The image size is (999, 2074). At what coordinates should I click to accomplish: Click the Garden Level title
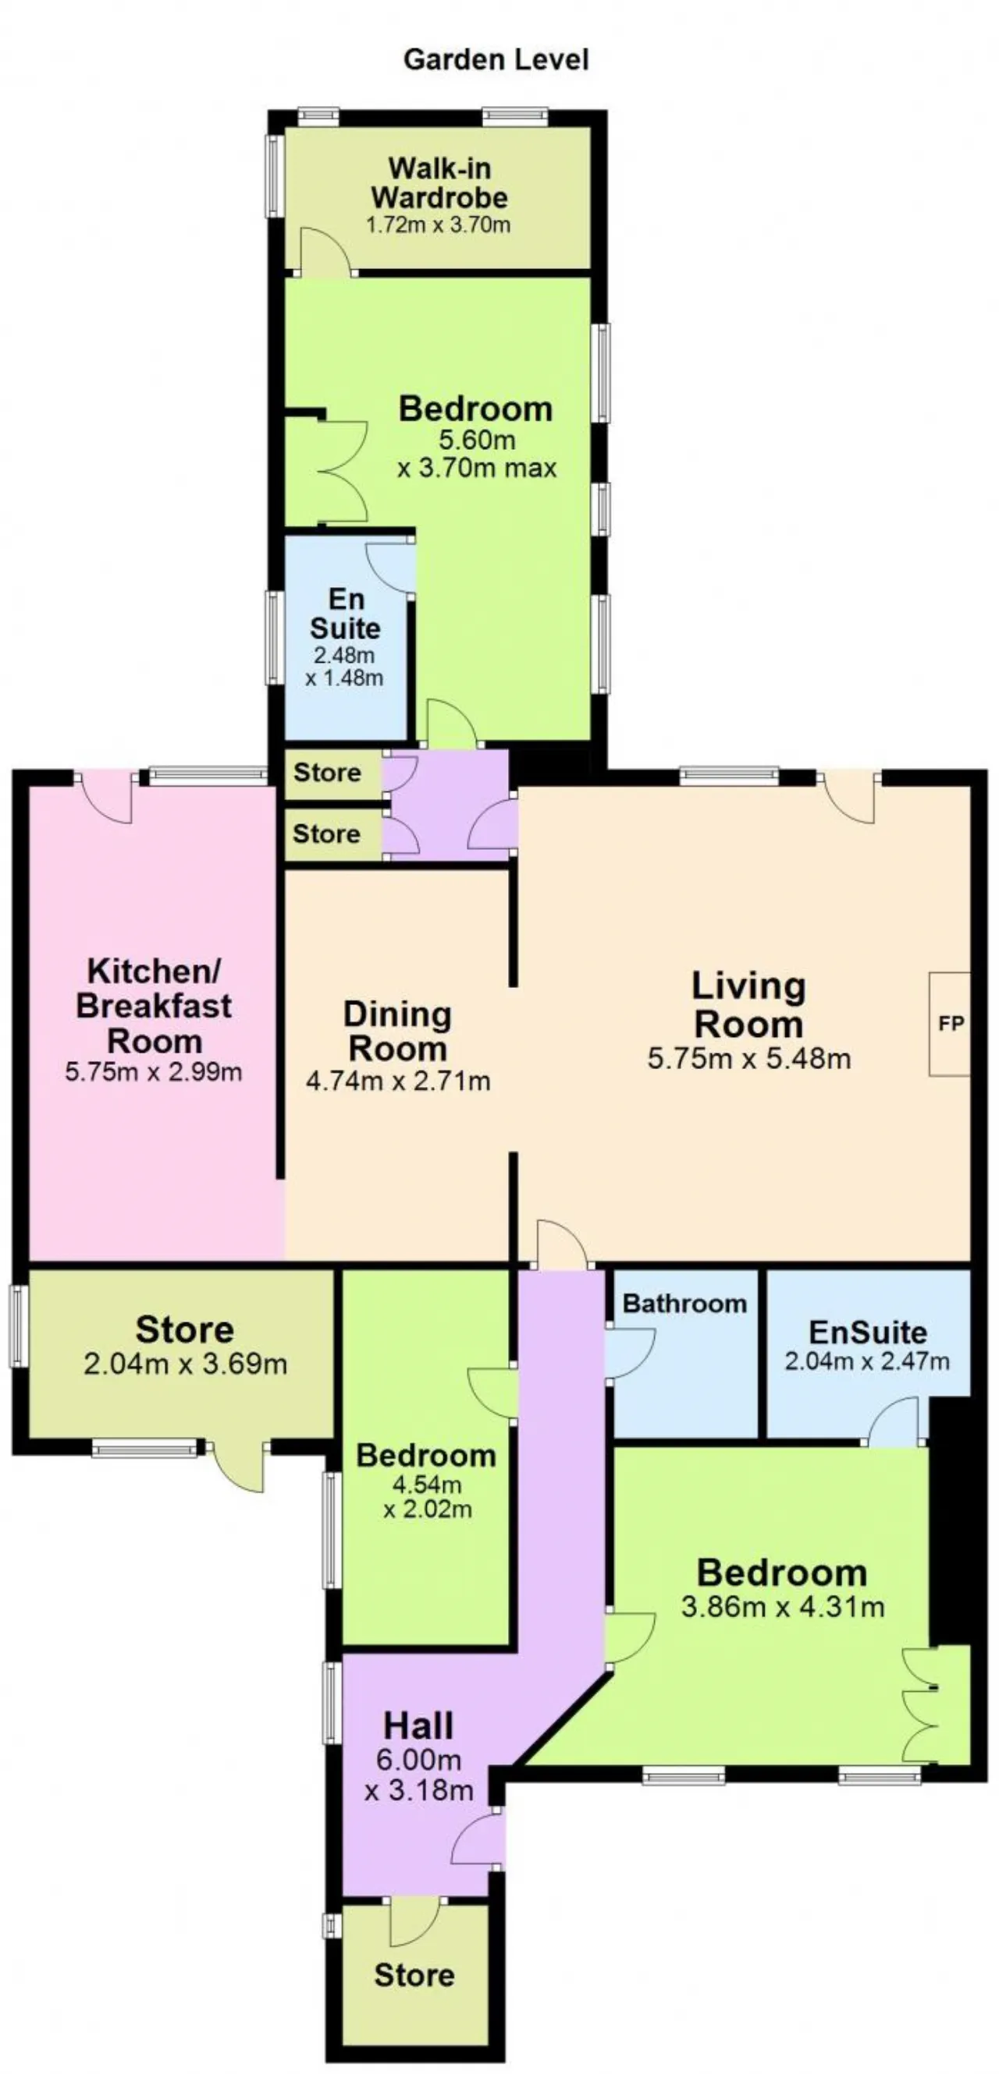click(496, 59)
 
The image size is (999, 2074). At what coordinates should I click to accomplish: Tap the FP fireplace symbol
click(950, 1023)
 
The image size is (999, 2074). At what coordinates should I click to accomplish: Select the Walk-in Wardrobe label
click(439, 182)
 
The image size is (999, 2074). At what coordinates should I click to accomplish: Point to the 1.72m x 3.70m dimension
click(439, 225)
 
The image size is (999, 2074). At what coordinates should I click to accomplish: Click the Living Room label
click(748, 1005)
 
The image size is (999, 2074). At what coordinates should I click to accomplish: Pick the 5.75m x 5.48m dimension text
click(749, 1058)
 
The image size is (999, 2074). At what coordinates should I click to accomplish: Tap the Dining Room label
click(397, 1032)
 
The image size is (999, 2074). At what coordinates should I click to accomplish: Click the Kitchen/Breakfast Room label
click(153, 1006)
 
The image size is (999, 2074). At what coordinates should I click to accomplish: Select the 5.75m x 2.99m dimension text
click(153, 1071)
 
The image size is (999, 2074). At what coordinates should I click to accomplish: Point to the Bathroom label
click(684, 1304)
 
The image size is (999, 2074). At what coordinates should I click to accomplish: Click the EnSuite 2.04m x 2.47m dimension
click(867, 1361)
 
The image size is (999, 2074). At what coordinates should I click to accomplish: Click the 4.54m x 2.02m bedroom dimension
click(427, 1496)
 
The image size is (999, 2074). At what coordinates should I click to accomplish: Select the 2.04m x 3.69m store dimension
click(185, 1364)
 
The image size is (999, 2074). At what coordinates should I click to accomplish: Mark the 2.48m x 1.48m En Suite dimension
click(344, 666)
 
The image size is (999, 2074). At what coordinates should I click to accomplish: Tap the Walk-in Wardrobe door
click(325, 252)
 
